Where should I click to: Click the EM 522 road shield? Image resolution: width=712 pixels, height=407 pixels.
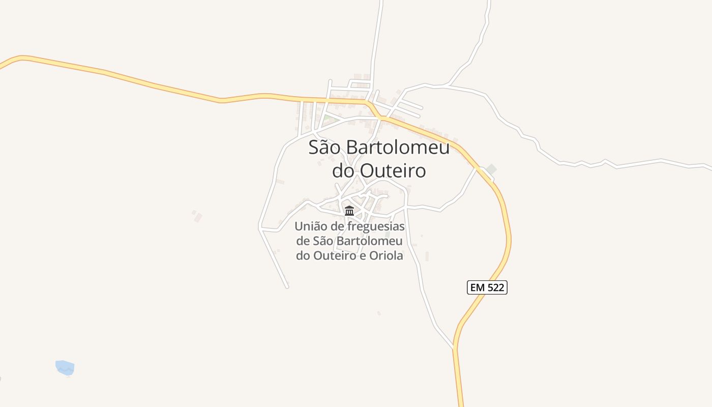[487, 287]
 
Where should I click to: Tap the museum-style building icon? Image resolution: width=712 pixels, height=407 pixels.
[349, 211]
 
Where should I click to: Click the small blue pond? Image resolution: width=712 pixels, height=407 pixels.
[65, 367]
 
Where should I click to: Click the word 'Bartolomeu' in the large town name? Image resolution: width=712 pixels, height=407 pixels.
[398, 148]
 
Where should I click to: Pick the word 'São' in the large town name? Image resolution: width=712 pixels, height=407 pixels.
[325, 148]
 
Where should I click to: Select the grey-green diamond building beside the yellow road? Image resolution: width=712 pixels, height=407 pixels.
[491, 169]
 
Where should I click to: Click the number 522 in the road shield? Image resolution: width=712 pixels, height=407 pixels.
[495, 287]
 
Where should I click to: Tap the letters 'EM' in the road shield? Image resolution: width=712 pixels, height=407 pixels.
[478, 287]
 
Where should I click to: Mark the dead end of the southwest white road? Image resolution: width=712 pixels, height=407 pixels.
[287, 287]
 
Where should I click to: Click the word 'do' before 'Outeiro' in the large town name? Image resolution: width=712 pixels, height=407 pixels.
[343, 171]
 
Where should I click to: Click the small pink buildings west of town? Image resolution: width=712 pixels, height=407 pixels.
[197, 216]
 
